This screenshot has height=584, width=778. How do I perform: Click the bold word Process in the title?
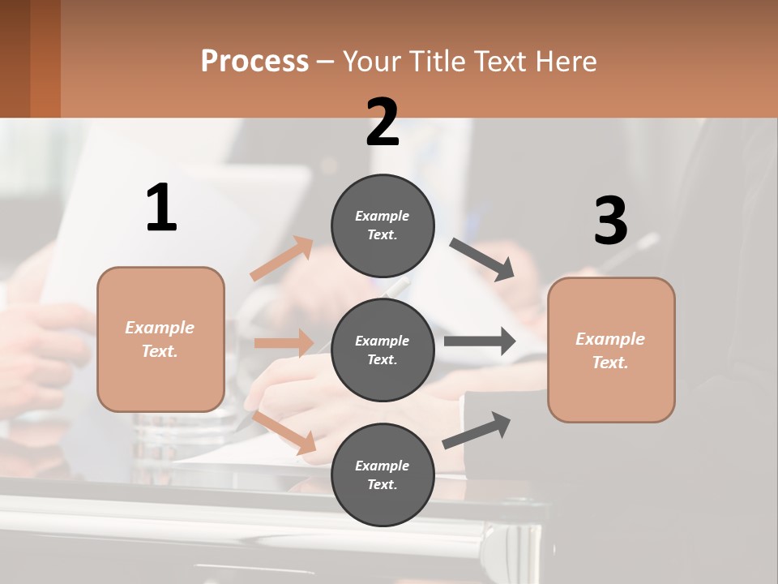pos(254,61)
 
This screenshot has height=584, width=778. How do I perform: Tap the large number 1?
pos(161,208)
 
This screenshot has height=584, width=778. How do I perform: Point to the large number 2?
pos(383,122)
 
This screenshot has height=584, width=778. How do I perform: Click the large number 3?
pos(610,221)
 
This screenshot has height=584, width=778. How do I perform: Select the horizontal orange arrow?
pos(284,343)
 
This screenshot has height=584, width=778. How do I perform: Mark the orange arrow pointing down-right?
pos(284,432)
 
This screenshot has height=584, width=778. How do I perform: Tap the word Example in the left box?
pos(160,328)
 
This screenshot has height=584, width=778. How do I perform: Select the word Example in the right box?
pos(610,339)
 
